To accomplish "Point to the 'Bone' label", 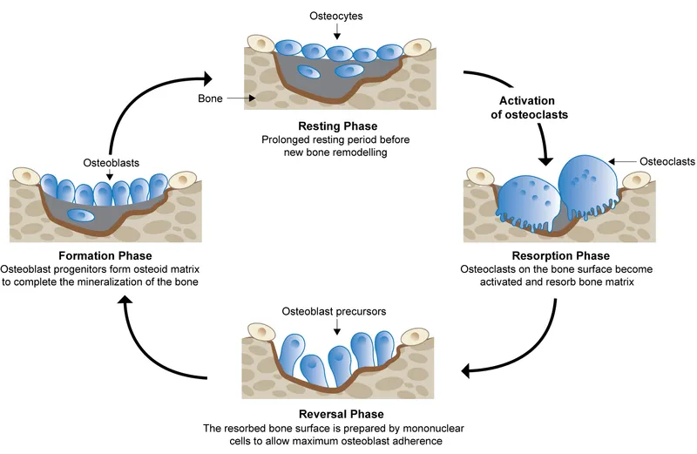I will tap(211, 99).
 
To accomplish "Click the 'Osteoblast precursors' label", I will tap(335, 311).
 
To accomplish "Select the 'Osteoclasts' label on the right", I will tap(667, 161).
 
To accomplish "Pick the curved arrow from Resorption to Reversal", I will tap(531, 349).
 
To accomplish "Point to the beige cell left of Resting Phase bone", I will tap(261, 44).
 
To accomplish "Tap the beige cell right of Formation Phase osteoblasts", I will tap(182, 180).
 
